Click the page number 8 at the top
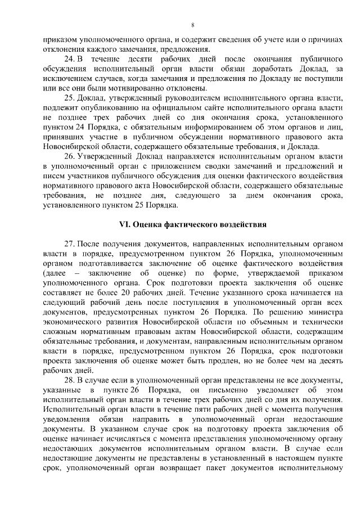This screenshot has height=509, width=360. [x=193, y=25]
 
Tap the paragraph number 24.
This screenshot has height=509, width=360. [x=69, y=59]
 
